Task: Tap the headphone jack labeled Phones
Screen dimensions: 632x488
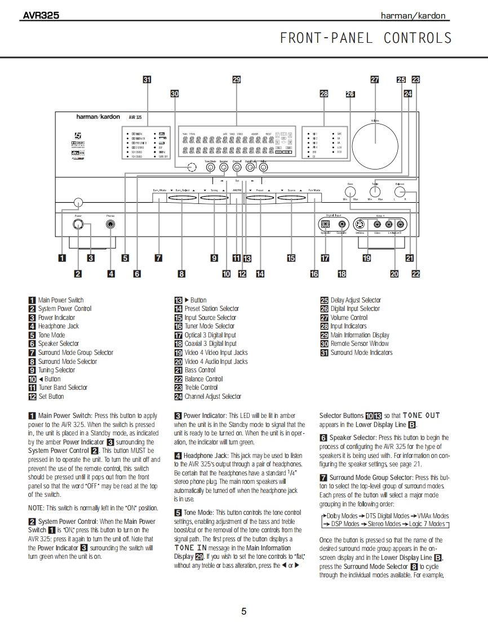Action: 111,225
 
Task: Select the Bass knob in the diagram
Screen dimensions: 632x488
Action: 350,191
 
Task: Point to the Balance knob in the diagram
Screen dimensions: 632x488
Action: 400,192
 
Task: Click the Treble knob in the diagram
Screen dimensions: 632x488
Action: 375,191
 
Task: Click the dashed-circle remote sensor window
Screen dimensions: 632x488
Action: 192,167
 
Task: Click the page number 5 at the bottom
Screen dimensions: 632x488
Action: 243,612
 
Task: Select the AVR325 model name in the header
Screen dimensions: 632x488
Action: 41,16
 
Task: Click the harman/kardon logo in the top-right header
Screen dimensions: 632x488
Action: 413,16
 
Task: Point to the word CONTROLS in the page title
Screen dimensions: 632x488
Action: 418,38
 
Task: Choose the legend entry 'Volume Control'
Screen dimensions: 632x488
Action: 349,318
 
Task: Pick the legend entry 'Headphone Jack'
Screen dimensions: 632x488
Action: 59,326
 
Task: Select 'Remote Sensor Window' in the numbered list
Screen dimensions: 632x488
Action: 360,344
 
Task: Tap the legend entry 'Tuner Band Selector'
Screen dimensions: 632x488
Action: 63,388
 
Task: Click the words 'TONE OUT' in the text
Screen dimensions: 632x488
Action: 422,416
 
